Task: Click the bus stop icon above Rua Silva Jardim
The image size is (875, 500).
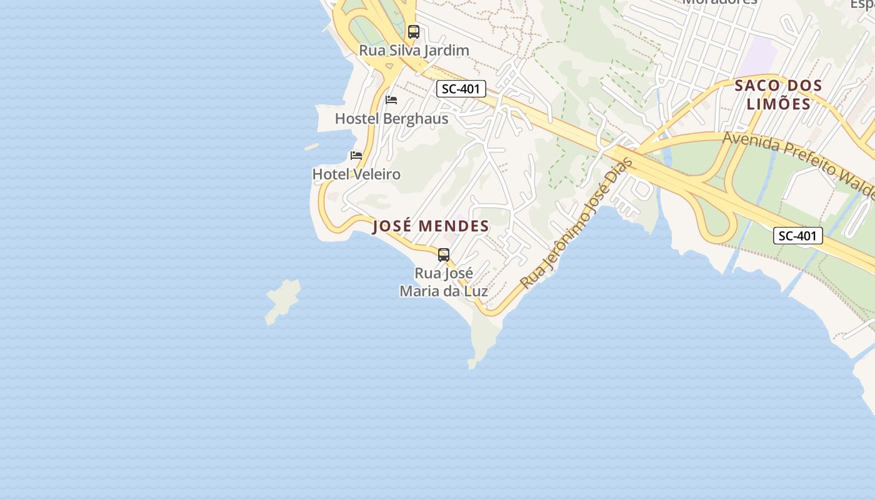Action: tap(413, 32)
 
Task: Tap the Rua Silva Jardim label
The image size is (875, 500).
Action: tap(414, 51)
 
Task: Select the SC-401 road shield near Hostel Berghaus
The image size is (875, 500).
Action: tap(461, 89)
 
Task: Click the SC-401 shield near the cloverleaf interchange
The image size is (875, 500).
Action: tap(797, 236)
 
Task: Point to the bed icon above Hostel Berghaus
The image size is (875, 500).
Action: tap(391, 100)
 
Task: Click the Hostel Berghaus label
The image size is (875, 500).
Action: tap(391, 119)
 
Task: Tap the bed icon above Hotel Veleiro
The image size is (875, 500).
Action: tap(356, 156)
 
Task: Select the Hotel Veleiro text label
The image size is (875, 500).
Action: tap(356, 174)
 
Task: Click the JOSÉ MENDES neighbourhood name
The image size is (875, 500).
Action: tap(431, 226)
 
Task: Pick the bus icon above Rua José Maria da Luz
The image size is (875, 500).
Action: tap(444, 255)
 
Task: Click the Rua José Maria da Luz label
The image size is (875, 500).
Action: tap(444, 282)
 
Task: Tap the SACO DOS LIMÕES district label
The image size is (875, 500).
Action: tap(778, 94)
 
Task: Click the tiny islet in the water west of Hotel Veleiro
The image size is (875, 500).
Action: tap(311, 147)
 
